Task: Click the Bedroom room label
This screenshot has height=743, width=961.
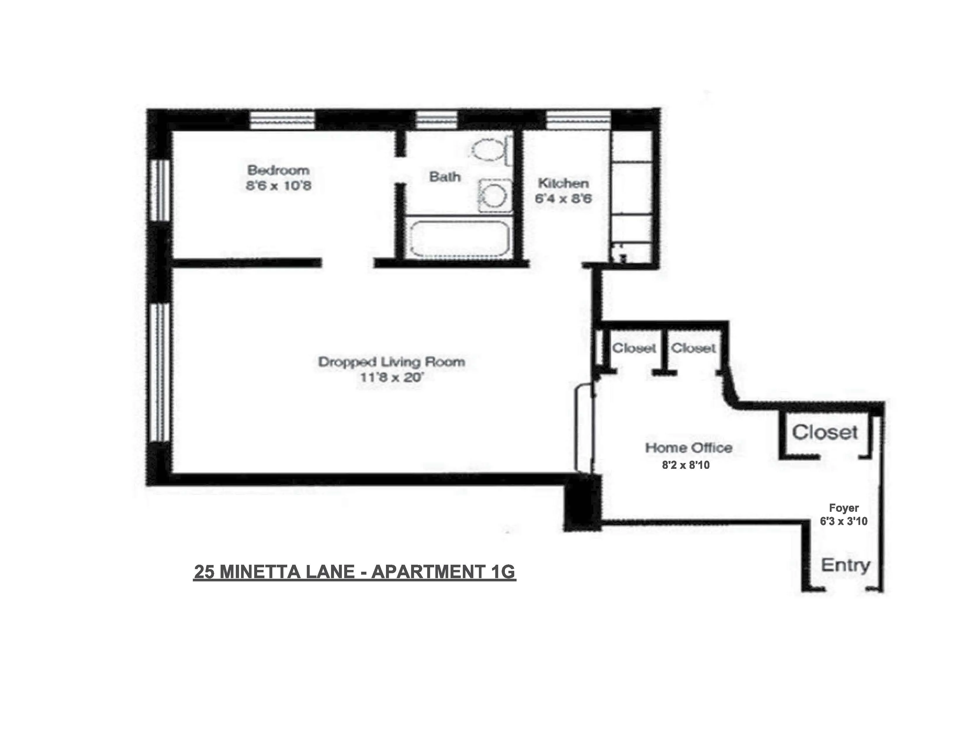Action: [278, 170]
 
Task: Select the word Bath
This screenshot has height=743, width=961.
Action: [445, 177]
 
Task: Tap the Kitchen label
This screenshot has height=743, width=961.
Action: [563, 183]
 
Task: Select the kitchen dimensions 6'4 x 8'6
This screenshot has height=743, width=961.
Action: [563, 198]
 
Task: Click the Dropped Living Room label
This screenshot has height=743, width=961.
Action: [392, 362]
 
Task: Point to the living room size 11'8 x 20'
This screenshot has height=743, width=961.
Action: [392, 377]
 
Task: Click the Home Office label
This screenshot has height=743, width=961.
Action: [689, 448]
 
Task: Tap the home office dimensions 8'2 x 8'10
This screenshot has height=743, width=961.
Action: [685, 465]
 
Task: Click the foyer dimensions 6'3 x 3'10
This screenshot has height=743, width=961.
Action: [844, 521]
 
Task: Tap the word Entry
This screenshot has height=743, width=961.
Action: [845, 565]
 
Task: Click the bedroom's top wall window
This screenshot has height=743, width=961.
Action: [282, 119]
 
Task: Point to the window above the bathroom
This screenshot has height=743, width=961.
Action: [436, 119]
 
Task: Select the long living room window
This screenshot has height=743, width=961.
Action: [160, 372]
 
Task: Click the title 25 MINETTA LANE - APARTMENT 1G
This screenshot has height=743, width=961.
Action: [354, 572]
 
